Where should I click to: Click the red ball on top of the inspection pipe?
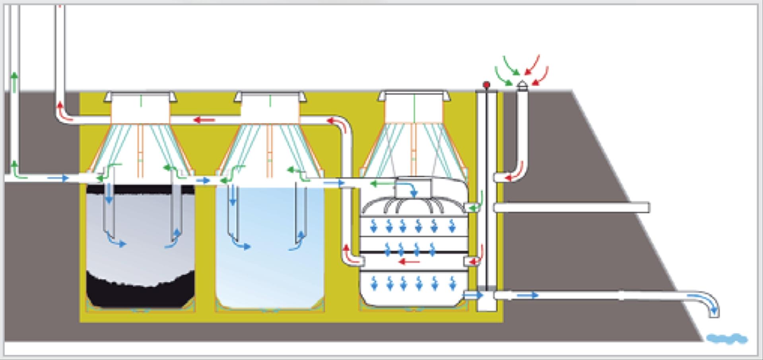pos(486,85)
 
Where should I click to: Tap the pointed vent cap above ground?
pos(522,85)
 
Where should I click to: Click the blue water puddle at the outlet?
pos(727,339)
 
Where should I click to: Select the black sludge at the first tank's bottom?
pos(140,293)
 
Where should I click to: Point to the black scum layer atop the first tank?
pos(140,190)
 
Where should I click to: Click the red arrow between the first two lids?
pos(204,120)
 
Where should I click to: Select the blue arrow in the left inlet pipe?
pos(58,178)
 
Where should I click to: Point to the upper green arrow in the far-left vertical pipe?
pos(15,82)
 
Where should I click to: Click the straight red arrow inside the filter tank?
pos(409,262)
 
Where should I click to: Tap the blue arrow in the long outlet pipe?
pos(528,295)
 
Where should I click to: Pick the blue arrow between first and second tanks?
pos(203,181)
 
